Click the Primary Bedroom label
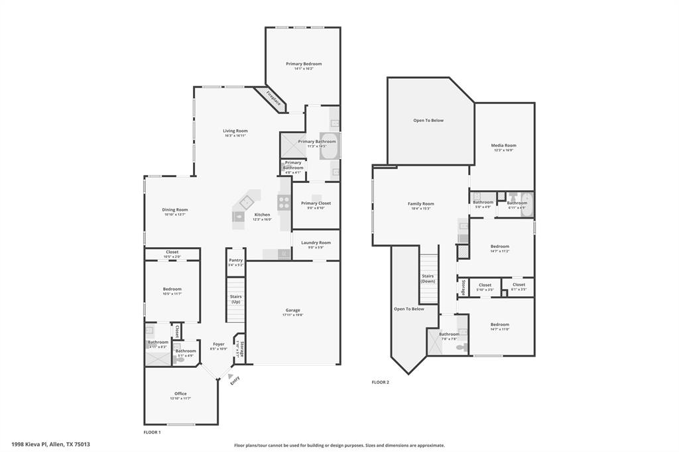[304, 64]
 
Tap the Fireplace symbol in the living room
[273, 99]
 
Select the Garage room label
[292, 310]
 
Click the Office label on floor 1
[180, 394]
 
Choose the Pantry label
[235, 260]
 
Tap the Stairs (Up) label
[235, 299]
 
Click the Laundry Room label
[316, 243]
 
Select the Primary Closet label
[316, 203]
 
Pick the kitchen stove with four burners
[284, 203]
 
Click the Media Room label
[503, 145]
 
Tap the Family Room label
[420, 203]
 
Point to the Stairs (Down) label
[428, 278]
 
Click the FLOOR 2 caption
[380, 382]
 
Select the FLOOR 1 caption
[153, 432]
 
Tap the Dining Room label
[175, 209]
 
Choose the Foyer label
[218, 344]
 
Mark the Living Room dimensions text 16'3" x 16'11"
[235, 135]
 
